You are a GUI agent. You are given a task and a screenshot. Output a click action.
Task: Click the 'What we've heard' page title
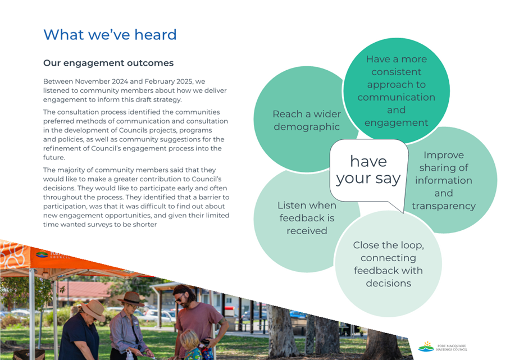tap(110, 34)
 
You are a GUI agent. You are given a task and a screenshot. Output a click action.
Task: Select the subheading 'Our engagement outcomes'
tap(108, 63)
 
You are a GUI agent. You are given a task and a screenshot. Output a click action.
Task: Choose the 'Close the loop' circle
tap(388, 264)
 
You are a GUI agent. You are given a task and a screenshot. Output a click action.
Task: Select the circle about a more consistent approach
tap(397, 91)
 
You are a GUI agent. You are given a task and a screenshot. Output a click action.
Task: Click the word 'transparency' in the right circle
tap(444, 206)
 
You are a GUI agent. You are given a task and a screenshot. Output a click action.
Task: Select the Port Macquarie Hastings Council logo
tap(443, 347)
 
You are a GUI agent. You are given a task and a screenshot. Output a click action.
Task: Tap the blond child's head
tap(189, 339)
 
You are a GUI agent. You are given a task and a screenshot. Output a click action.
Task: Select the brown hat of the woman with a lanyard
tap(131, 298)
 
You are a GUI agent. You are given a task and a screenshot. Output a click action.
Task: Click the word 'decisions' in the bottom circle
tap(388, 283)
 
